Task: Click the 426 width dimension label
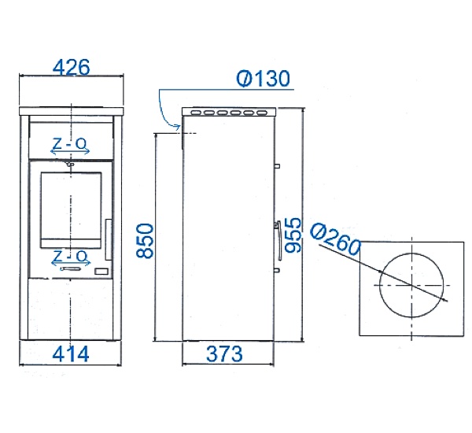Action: (72, 67)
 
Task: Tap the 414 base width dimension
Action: (71, 354)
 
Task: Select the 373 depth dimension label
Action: (224, 354)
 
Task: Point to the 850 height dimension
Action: (145, 240)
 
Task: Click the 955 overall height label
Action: (293, 235)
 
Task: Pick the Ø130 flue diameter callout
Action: (263, 79)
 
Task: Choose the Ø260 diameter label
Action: (335, 239)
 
